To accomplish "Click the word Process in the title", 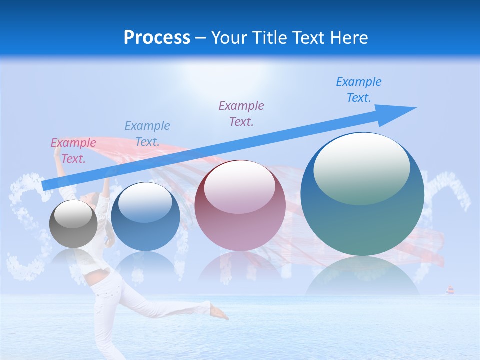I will coord(157,37).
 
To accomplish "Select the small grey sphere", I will coord(73,224).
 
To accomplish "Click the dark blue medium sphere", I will coord(145,217).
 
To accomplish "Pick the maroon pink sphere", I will coord(240,206).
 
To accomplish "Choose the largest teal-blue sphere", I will coord(362,195).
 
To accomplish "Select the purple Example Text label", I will coord(241,113).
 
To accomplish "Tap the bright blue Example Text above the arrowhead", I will coord(358,89).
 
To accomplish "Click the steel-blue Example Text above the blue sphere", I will coord(147,133).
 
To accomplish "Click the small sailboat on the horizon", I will coord(450,290).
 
